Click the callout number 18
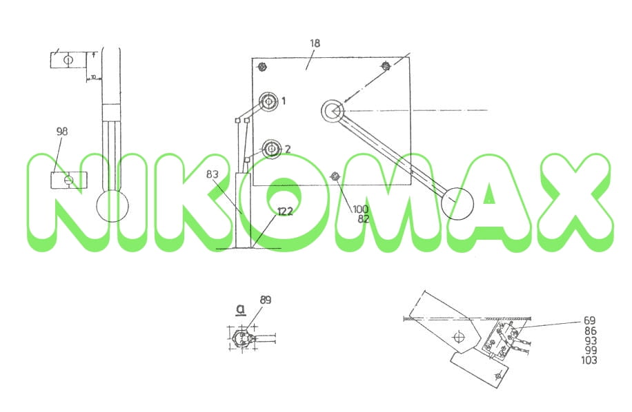click(315, 43)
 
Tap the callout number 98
click(62, 131)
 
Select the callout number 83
click(213, 174)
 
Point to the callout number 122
click(285, 212)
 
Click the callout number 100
click(360, 209)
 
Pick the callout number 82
click(363, 219)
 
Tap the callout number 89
click(266, 300)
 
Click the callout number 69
click(590, 320)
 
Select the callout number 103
click(589, 360)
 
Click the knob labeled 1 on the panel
click(268, 101)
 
